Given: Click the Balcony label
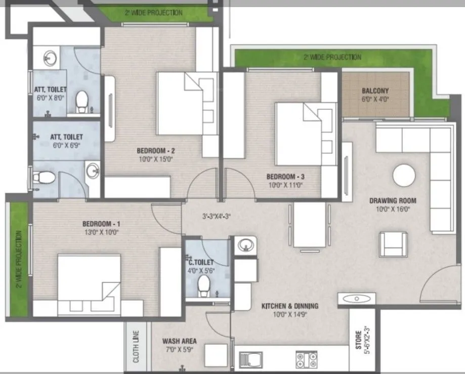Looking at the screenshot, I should coord(375,91).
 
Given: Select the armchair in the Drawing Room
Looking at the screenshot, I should coord(394,243).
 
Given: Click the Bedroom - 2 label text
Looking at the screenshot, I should coord(156,151).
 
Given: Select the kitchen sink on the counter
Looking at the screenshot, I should coord(251,360).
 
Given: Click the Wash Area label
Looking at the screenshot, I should coord(179,341).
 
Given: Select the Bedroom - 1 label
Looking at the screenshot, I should coord(101,223).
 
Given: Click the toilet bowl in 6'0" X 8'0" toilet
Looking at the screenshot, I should coord(80,103).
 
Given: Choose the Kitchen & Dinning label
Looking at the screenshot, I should coord(289,306).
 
